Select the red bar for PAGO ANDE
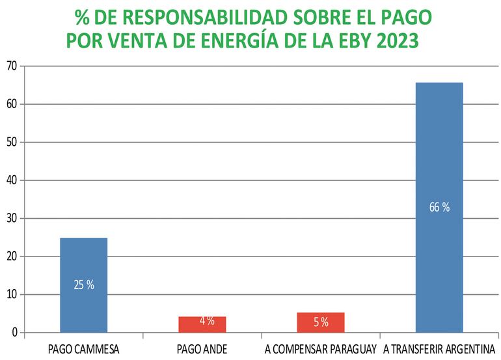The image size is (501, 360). click(x=202, y=324)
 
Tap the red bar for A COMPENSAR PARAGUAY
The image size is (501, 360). click(x=320, y=322)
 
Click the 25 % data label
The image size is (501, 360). click(x=84, y=284)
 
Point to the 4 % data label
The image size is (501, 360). click(x=207, y=320)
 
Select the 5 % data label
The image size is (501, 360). click(x=320, y=322)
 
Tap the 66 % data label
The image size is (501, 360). click(x=439, y=208)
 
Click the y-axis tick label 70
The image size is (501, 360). click(x=12, y=66)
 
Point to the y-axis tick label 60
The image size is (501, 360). click(x=12, y=104)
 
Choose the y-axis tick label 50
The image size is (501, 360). click(x=12, y=142)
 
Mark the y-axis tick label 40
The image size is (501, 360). click(x=12, y=180)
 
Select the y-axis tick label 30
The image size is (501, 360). click(x=12, y=219)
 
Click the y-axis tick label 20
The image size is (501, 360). click(x=12, y=256)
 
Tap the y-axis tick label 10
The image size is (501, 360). click(x=12, y=295)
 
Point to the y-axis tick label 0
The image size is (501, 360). click(x=14, y=333)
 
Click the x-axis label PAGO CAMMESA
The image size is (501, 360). click(x=84, y=348)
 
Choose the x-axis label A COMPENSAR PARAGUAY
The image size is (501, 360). click(x=321, y=348)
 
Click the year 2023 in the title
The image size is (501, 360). click(x=393, y=41)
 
